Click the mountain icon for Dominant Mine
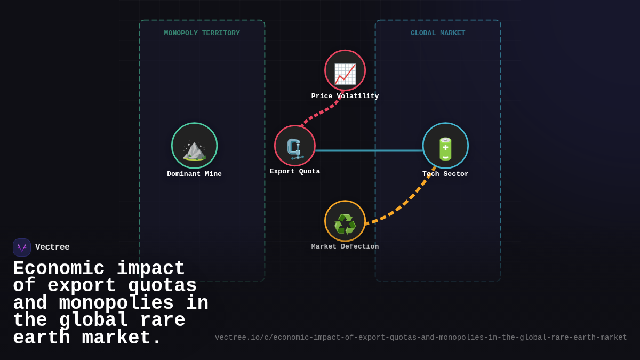pos(194,150)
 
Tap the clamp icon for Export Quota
pos(295,149)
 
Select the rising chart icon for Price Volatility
pos(345,74)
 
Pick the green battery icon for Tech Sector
pos(445,149)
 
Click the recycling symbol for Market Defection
pos(345,224)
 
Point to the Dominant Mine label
pos(194,174)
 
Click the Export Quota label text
pos(295,171)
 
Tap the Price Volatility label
pos(345,97)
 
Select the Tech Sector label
pos(445,174)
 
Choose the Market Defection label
pos(345,246)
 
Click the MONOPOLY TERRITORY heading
pos(202,33)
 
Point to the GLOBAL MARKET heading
pos(438,33)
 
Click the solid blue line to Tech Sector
pos(369,150)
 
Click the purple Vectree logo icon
pos(22,247)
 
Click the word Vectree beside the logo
pos(52,247)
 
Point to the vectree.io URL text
pos(421,338)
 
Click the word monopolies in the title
pos(116,303)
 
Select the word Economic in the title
pos(59,268)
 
